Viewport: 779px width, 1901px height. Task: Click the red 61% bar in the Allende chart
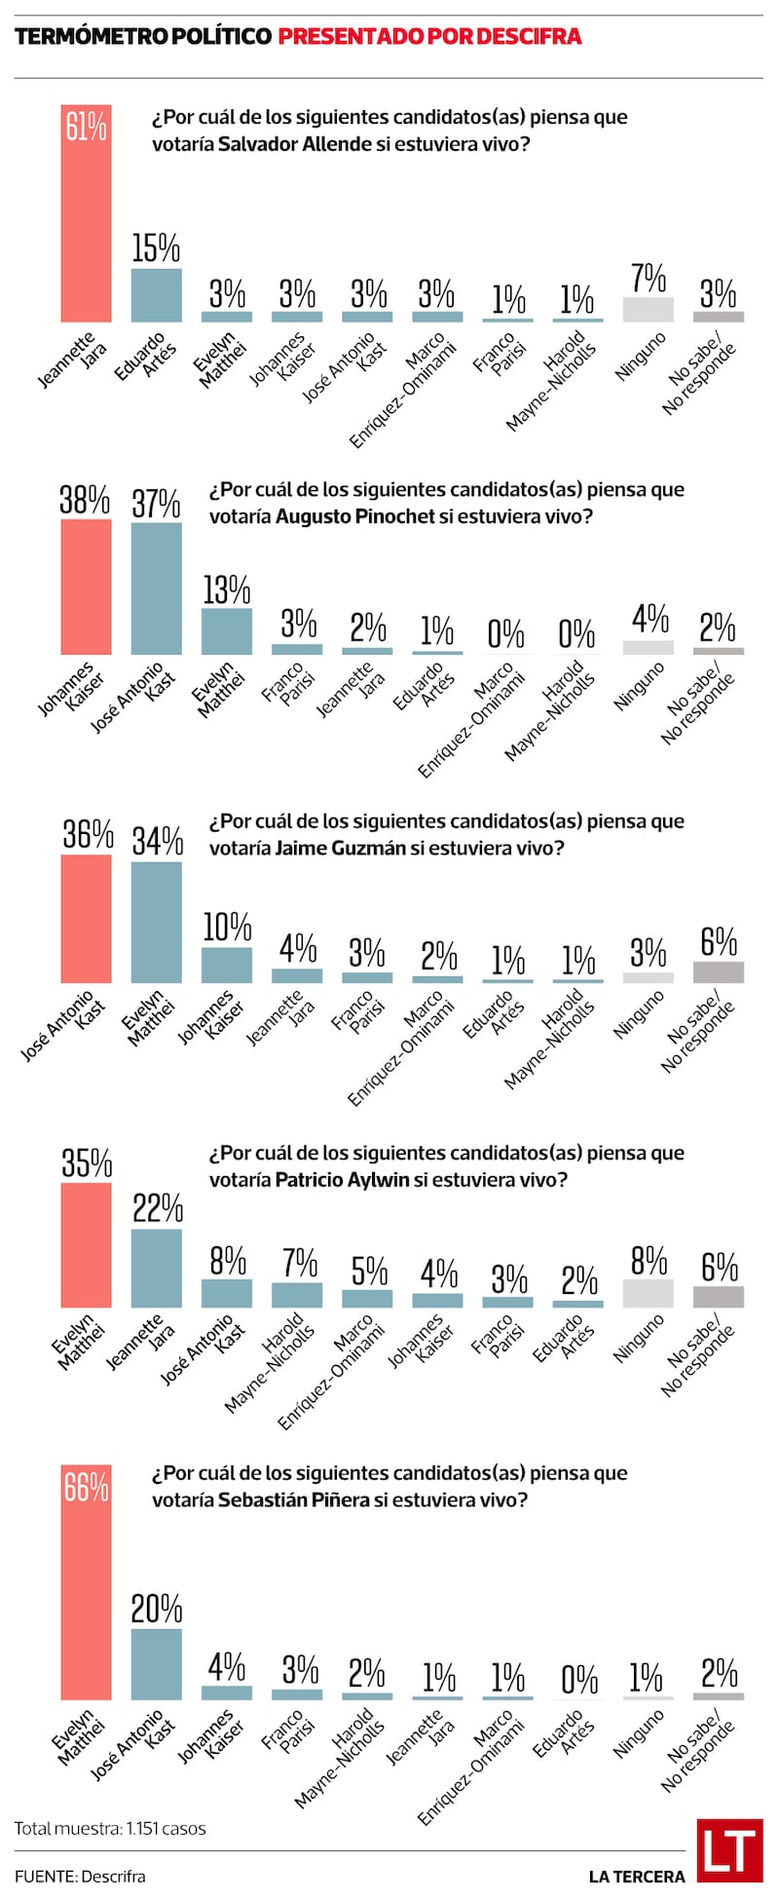point(86,214)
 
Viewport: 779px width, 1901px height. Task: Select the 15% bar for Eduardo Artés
point(156,295)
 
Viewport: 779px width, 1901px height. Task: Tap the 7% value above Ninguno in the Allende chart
point(649,278)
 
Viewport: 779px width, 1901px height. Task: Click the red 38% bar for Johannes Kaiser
point(86,587)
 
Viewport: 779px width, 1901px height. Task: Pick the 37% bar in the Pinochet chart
point(156,589)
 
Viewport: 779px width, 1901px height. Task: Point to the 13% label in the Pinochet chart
point(227,589)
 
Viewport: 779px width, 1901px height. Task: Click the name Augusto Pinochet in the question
point(354,516)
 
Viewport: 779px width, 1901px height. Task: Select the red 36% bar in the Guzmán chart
point(86,919)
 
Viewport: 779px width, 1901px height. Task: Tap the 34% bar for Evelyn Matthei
point(156,923)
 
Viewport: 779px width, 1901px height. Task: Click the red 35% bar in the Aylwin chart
point(86,1245)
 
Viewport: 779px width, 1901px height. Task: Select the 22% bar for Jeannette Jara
point(156,1268)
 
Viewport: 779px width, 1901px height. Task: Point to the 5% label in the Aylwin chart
point(369,1271)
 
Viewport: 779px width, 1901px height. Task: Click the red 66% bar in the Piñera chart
point(86,1583)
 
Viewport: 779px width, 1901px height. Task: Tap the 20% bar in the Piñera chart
point(156,1664)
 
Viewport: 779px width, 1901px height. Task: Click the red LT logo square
point(729,1851)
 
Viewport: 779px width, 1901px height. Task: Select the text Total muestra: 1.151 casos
point(110,1828)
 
